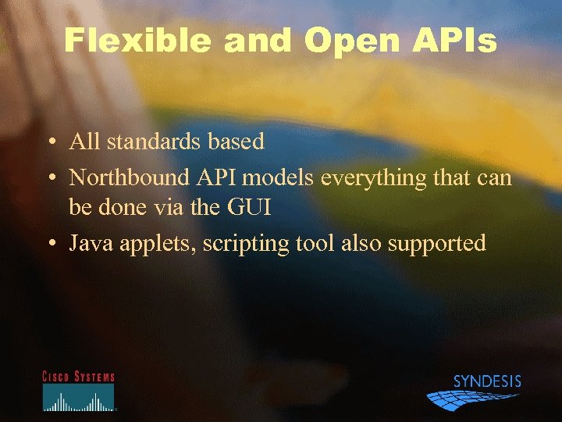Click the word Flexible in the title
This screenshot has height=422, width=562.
tap(137, 41)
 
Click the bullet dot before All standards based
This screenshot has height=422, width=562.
tap(50, 143)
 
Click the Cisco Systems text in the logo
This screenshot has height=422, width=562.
tap(78, 377)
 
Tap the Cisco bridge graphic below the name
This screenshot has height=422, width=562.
tap(78, 399)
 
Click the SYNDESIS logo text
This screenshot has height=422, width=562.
tap(487, 382)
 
